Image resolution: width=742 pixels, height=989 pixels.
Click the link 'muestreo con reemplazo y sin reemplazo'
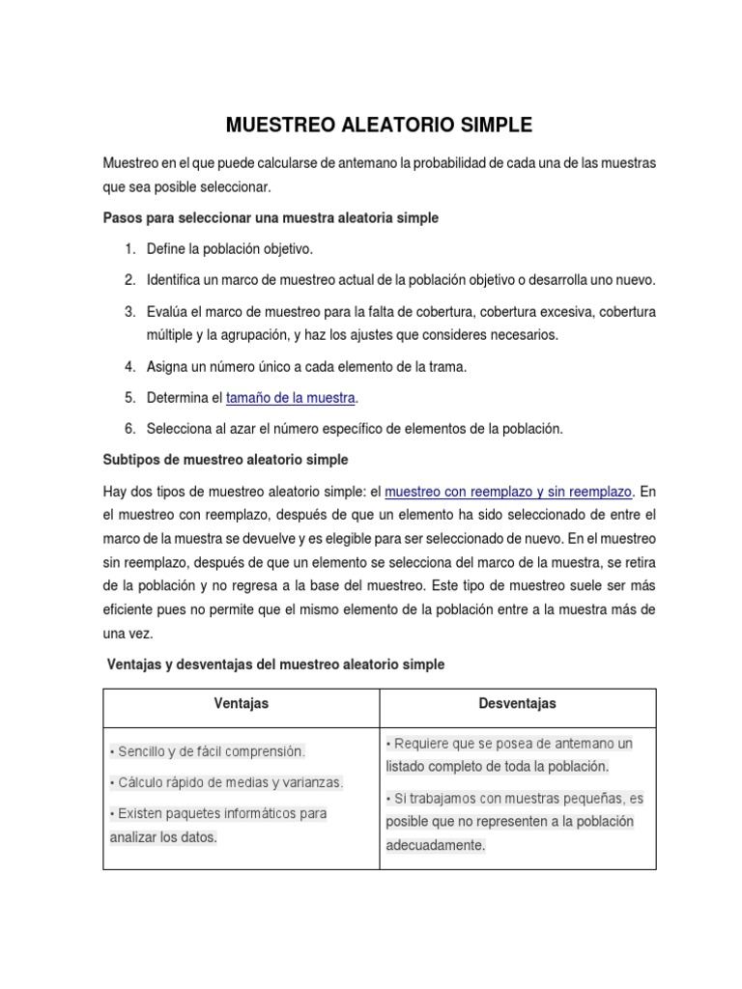coord(508,491)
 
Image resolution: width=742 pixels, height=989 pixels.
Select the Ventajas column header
coord(241,704)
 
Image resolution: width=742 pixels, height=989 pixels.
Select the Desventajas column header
coord(517,704)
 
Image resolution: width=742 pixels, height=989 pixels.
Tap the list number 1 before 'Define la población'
coord(129,249)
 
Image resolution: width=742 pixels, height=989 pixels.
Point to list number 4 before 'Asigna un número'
coord(129,366)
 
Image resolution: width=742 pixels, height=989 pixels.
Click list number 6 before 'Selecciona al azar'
coord(129,428)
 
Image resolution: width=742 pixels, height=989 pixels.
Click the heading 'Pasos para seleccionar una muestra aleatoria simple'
coord(271,218)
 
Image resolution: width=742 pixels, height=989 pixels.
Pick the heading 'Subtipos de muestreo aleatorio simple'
coord(225,459)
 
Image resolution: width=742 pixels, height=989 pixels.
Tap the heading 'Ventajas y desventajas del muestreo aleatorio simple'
coord(275,664)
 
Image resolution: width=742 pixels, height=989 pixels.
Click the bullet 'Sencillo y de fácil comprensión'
coord(208,750)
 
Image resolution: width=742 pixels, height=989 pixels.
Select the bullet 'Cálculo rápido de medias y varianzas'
coord(227,782)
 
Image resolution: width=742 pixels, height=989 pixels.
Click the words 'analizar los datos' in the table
coord(163,837)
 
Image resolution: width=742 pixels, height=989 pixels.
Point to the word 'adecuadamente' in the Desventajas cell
coord(436,845)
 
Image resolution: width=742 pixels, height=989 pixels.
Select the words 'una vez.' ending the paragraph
coord(128,634)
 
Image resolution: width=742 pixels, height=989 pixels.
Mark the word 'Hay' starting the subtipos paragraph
coord(115,491)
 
